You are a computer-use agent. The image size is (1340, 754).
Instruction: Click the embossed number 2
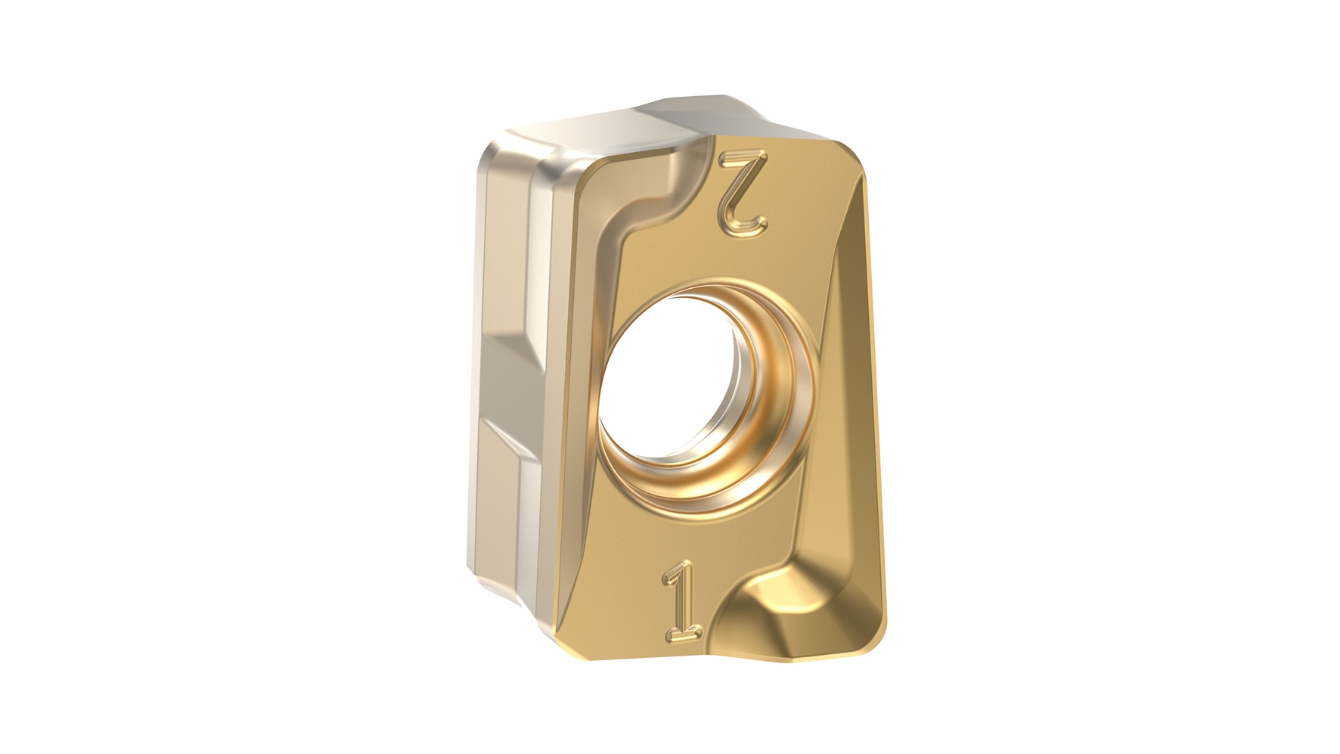pyautogui.click(x=745, y=191)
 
